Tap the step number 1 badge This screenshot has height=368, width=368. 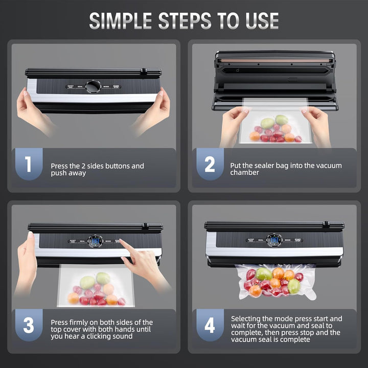point(28,165)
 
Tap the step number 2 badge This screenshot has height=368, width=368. point(210,165)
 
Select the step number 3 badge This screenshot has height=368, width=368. point(28,325)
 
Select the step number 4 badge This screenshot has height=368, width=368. point(210,325)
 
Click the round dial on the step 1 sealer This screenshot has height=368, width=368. point(93,86)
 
